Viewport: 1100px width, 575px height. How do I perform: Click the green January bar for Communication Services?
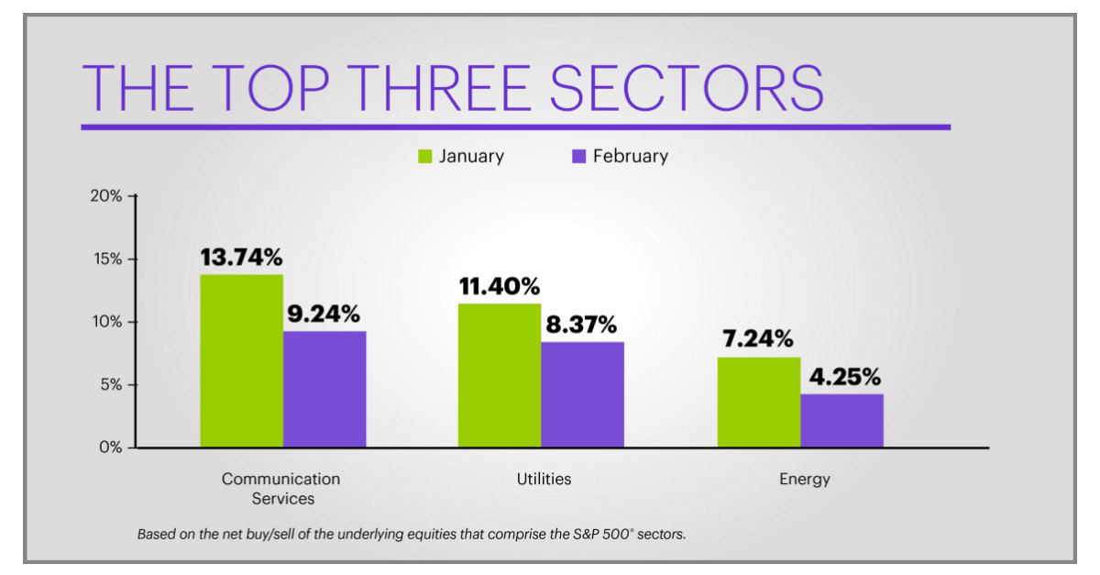pyautogui.click(x=242, y=360)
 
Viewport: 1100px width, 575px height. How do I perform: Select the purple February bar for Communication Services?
pyautogui.click(x=324, y=389)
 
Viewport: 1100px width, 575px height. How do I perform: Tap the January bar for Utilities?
pyautogui.click(x=500, y=375)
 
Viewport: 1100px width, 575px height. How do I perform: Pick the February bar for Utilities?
pyautogui.click(x=582, y=394)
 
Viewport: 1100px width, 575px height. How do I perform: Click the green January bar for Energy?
pyautogui.click(x=758, y=402)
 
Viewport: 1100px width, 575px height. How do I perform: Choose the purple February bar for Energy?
pyautogui.click(x=841, y=420)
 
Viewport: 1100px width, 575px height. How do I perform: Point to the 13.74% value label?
pyautogui.click(x=242, y=258)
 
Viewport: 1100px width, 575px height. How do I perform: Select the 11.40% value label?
pyautogui.click(x=500, y=287)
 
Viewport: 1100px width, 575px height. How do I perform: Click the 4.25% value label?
pyautogui.click(x=843, y=376)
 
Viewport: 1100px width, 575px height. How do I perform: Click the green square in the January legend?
pyautogui.click(x=424, y=157)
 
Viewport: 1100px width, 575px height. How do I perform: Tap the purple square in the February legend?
pyautogui.click(x=578, y=157)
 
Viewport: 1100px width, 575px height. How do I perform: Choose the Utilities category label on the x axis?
pyautogui.click(x=544, y=479)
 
